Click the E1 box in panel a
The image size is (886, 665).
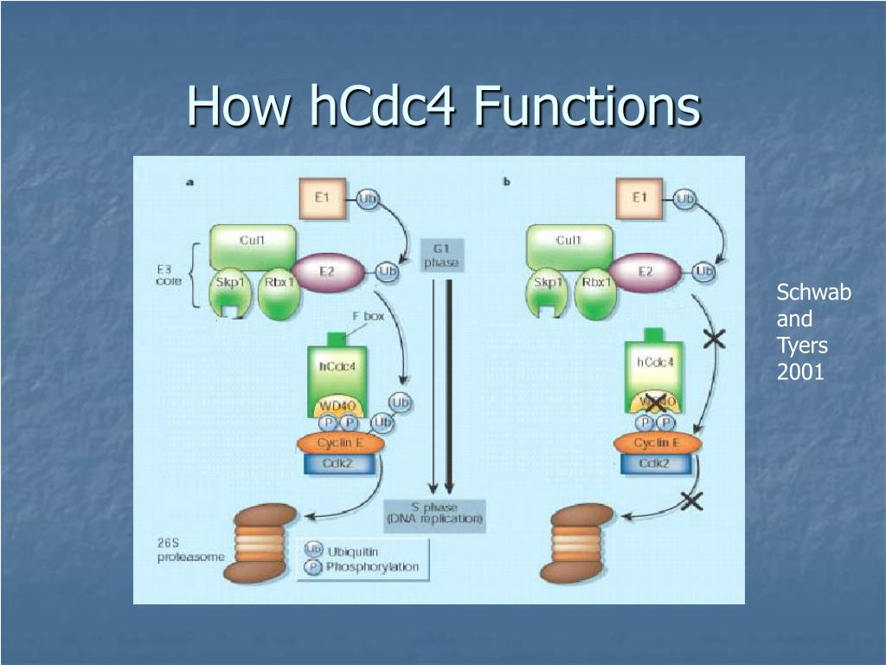tap(322, 199)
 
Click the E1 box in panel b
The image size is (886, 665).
tap(639, 199)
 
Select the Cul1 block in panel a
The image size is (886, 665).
tap(254, 243)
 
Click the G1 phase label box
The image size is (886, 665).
tap(441, 255)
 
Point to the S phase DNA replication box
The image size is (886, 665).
tap(435, 514)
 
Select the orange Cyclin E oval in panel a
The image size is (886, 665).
tap(339, 443)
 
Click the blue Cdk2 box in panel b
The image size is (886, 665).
tap(655, 464)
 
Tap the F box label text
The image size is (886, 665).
tap(368, 317)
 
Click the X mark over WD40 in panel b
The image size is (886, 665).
tap(655, 403)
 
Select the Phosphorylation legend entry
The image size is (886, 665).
tap(363, 568)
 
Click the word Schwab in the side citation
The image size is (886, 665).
tap(812, 293)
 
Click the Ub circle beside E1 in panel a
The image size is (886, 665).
tap(367, 199)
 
